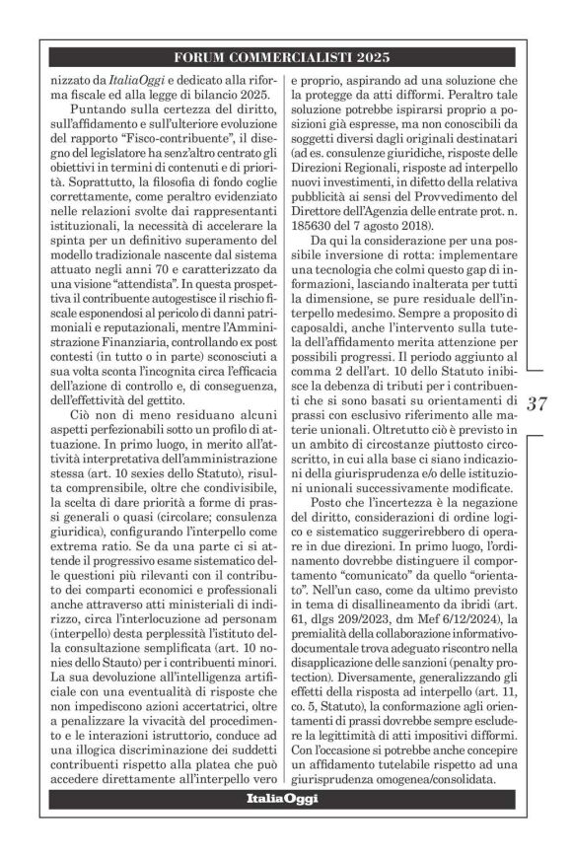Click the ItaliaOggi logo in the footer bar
285,799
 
